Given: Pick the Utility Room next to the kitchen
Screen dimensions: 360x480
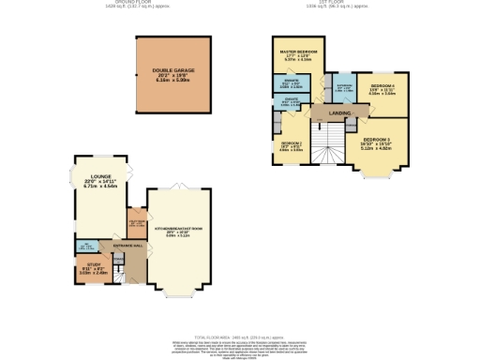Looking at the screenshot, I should pos(136,223).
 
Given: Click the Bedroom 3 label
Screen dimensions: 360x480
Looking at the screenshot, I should pos(379,142).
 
